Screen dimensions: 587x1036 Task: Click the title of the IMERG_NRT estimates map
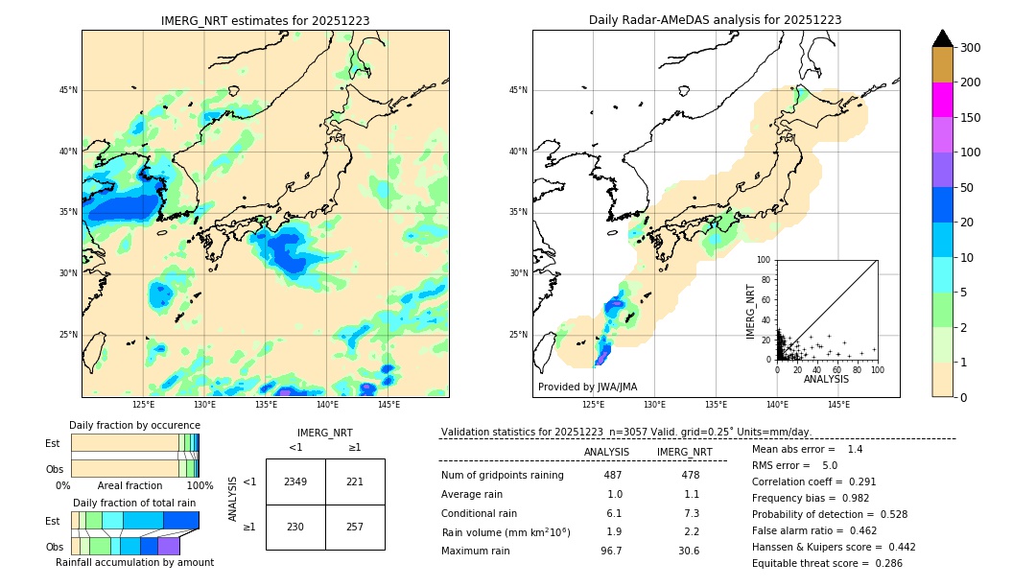(265, 20)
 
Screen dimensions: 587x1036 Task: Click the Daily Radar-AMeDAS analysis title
(716, 20)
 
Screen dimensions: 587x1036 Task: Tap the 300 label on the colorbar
(971, 48)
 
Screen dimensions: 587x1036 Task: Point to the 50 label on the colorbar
(968, 188)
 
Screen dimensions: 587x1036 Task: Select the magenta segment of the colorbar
(942, 100)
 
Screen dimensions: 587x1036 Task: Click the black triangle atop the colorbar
(943, 38)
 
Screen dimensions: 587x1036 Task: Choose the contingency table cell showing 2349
(295, 481)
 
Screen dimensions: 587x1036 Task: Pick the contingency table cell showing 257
(355, 527)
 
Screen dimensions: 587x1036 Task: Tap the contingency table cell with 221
(355, 481)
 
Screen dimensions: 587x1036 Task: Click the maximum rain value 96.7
(611, 551)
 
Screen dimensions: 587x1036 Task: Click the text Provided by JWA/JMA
(587, 387)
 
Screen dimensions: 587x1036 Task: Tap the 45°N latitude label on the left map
(68, 90)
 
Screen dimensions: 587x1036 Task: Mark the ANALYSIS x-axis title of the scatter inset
(826, 379)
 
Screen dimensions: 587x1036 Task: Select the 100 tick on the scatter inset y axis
(765, 260)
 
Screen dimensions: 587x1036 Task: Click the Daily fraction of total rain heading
(134, 503)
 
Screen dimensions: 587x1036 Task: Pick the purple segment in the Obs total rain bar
(169, 546)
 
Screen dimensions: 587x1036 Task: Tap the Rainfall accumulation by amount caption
(135, 562)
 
